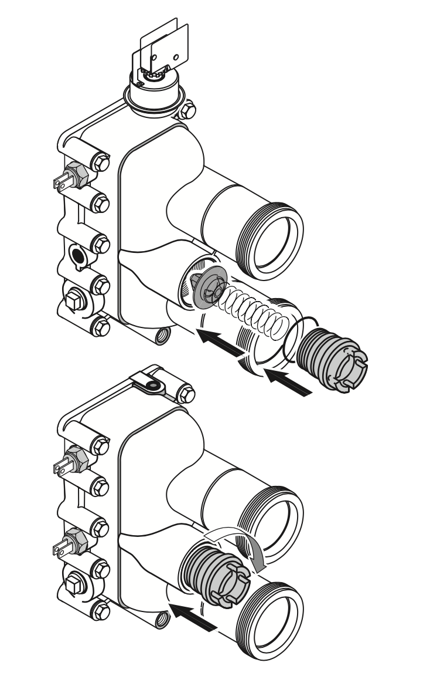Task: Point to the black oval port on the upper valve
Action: [x=77, y=256]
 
